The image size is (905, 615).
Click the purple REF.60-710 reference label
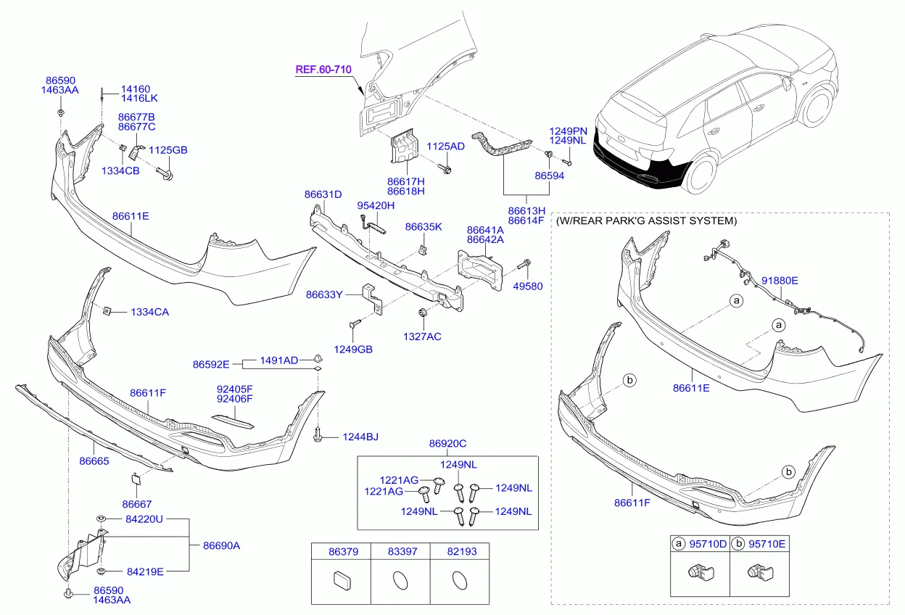(x=323, y=70)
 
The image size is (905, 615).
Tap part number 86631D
(x=323, y=194)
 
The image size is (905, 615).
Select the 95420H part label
(x=376, y=206)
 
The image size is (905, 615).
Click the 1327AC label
(x=422, y=337)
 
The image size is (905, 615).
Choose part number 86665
(x=94, y=460)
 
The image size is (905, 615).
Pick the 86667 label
(x=137, y=504)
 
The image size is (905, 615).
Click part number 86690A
(x=221, y=545)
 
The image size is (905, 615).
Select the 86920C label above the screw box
(x=447, y=444)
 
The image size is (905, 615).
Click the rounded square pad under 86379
(x=341, y=580)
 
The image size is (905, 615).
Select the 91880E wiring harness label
(x=780, y=280)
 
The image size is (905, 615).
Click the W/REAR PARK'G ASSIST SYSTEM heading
(x=646, y=220)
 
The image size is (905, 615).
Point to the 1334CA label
(x=150, y=312)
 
